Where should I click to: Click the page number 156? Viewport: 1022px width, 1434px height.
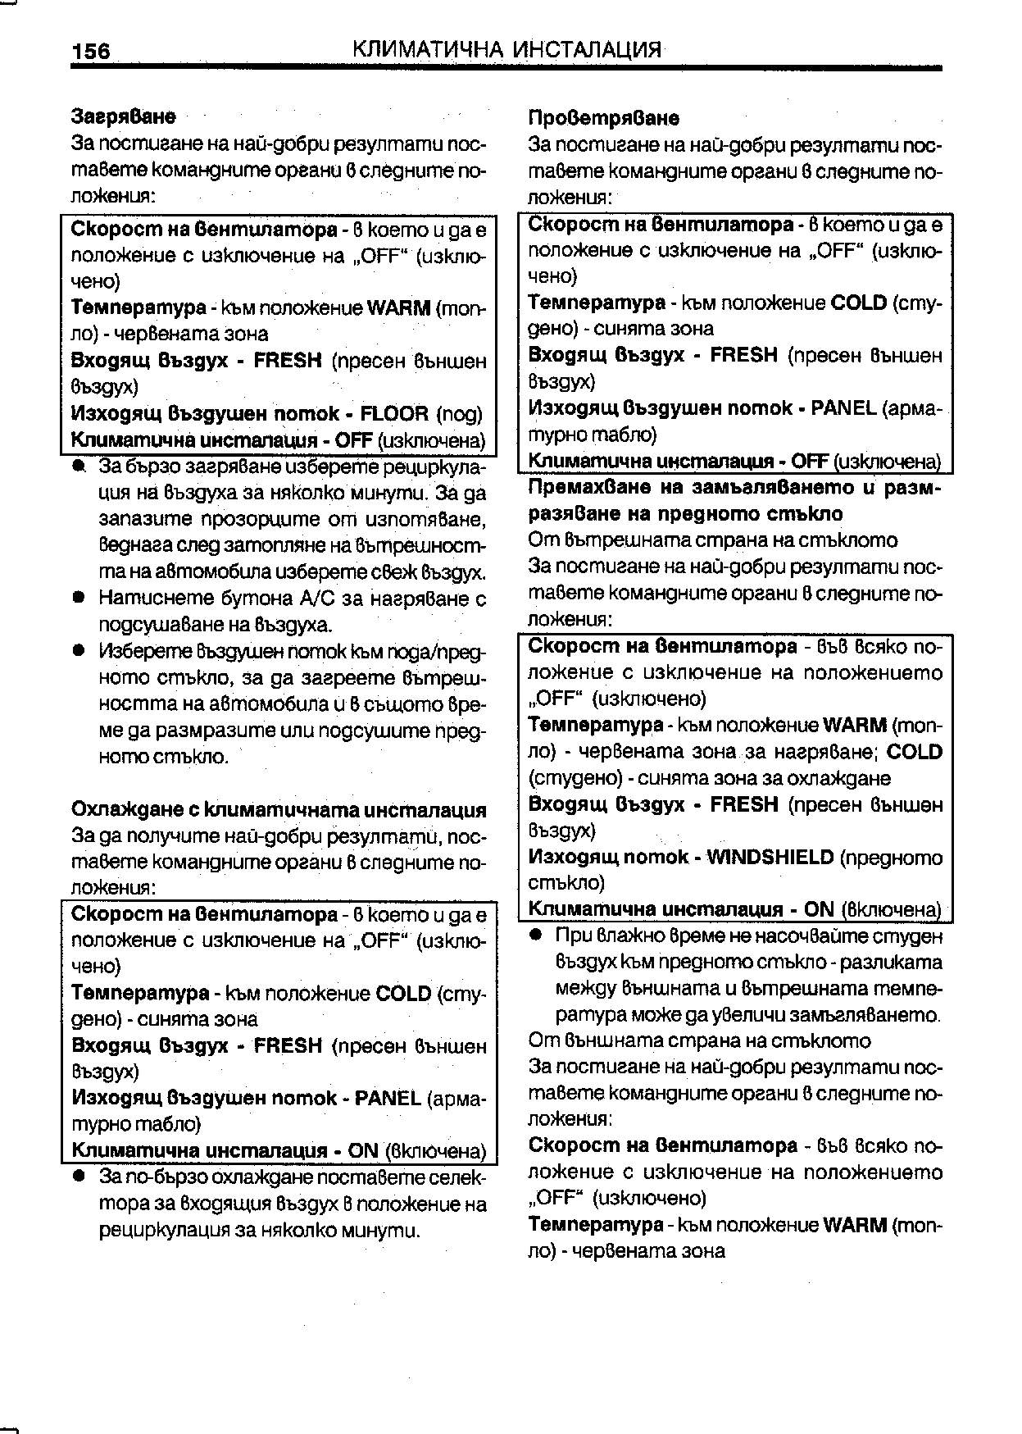(90, 51)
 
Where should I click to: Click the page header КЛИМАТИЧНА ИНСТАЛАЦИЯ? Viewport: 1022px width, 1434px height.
(506, 49)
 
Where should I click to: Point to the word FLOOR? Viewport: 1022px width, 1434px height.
(394, 413)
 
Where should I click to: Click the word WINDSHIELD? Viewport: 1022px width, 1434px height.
(770, 857)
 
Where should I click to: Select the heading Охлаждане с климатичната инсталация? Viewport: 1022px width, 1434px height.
(279, 810)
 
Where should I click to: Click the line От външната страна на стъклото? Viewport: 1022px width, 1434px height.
(699, 1040)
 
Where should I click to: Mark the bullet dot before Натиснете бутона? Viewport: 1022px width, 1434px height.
(79, 599)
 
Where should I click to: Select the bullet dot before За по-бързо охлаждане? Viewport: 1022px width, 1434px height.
(79, 1177)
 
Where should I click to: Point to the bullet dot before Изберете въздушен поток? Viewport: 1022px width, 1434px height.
(79, 651)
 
